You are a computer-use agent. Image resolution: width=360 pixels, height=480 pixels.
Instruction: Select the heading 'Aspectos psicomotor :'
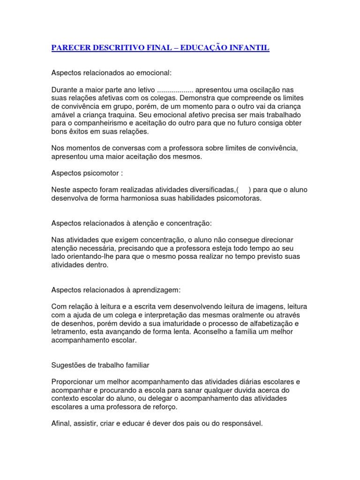87,173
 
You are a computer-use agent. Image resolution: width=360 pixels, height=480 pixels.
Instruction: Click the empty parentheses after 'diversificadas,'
243,190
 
